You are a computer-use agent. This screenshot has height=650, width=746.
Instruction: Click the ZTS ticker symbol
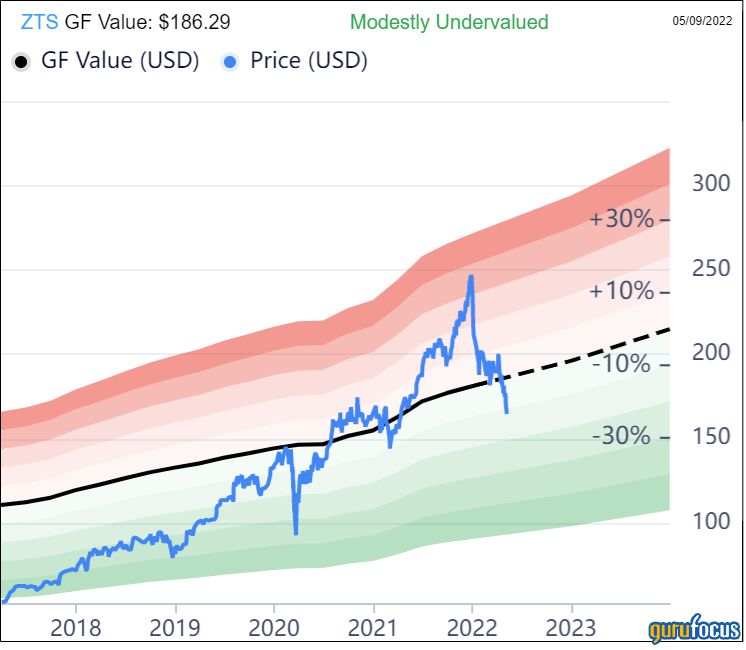point(39,21)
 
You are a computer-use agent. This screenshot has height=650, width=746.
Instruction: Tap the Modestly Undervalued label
point(449,21)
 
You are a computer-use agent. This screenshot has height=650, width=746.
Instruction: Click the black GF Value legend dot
point(20,61)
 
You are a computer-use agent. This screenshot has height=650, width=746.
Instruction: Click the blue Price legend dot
point(231,61)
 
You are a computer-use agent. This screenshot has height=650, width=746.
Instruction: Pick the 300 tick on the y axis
point(713,183)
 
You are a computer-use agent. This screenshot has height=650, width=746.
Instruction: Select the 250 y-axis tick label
point(713,268)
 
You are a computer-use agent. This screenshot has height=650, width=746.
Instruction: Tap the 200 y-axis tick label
point(713,352)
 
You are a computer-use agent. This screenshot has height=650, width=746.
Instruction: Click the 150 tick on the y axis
point(713,437)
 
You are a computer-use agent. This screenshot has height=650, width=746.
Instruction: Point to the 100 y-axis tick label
point(713,521)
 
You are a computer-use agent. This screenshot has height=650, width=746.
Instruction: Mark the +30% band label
point(622,219)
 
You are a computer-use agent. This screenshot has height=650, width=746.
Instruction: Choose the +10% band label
point(622,291)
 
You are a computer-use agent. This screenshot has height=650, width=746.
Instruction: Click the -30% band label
point(622,437)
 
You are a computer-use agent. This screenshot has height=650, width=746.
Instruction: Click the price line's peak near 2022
point(470,277)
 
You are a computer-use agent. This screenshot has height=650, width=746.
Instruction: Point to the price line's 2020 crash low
point(295,533)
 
